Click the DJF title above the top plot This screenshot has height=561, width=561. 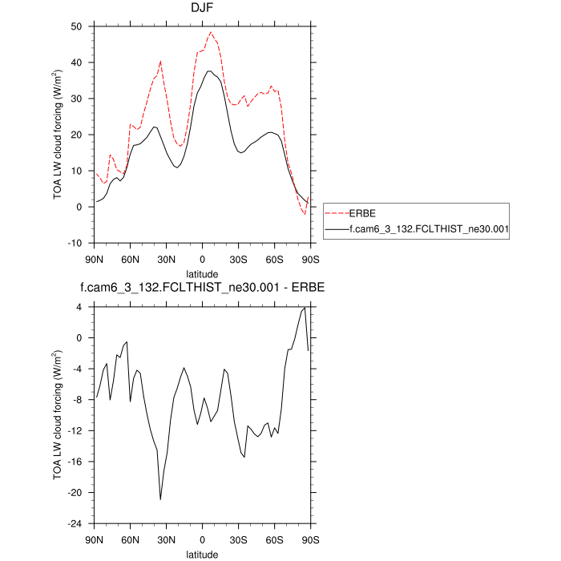(x=202, y=10)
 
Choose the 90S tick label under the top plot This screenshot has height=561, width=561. (x=310, y=259)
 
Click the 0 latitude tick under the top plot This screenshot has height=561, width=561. (x=202, y=259)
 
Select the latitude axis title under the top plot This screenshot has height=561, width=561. (x=202, y=274)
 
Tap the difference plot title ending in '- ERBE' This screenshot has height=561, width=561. (x=202, y=287)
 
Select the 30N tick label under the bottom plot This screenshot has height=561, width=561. (x=166, y=539)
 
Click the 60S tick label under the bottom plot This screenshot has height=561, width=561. (x=274, y=539)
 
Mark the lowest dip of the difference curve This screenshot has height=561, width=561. (x=160, y=499)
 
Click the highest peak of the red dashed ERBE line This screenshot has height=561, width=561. (x=211, y=33)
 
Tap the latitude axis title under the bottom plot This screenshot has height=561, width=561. (x=202, y=554)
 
